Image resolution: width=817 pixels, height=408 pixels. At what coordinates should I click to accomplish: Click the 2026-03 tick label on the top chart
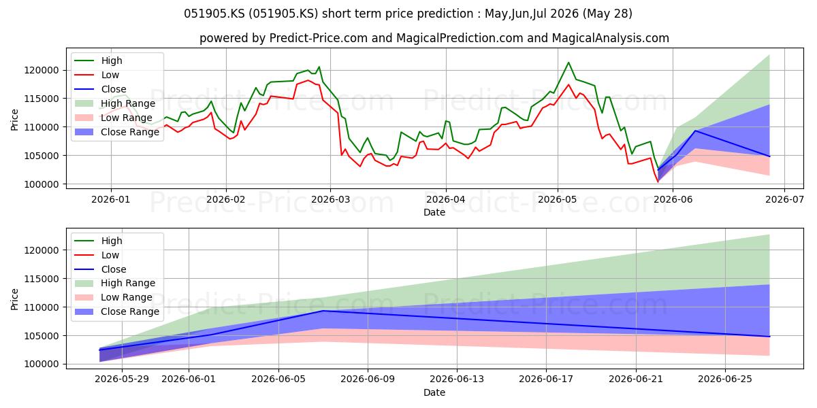[x=330, y=199]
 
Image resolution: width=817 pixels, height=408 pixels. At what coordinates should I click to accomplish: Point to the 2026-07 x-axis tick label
[x=784, y=199]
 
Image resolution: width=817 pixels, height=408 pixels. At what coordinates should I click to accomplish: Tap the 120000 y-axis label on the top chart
[x=42, y=70]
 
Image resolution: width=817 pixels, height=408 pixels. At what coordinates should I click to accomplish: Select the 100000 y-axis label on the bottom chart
[x=42, y=364]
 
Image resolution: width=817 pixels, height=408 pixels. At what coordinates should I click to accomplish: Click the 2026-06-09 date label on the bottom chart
[x=368, y=379]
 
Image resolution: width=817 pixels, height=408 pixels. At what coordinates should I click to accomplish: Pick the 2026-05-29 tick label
[x=122, y=379]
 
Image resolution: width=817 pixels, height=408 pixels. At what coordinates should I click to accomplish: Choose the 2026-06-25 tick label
[x=725, y=379]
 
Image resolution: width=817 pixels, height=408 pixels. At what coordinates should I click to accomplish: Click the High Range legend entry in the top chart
[x=115, y=103]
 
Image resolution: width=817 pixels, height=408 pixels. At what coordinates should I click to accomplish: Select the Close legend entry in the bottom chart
[x=100, y=269]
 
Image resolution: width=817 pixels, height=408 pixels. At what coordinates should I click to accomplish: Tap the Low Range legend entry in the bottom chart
[x=114, y=297]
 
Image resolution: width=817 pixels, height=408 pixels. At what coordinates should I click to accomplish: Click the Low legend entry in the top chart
[x=97, y=75]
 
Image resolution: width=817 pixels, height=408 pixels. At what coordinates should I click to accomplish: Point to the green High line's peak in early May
[x=568, y=63]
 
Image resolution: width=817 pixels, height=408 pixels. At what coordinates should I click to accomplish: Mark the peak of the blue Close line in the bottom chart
[x=323, y=311]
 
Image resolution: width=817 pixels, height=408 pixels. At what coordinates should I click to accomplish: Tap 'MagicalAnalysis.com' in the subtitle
[x=611, y=38]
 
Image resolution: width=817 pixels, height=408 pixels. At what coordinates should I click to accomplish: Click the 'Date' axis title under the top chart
[x=434, y=212]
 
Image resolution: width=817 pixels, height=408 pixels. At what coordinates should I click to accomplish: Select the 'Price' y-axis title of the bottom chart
[x=14, y=299]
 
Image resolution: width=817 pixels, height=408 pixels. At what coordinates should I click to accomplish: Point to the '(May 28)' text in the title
[x=607, y=14]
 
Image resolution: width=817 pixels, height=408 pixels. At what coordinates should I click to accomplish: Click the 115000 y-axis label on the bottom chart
[x=42, y=279]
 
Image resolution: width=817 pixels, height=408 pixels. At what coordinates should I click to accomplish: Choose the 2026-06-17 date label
[x=546, y=379]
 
